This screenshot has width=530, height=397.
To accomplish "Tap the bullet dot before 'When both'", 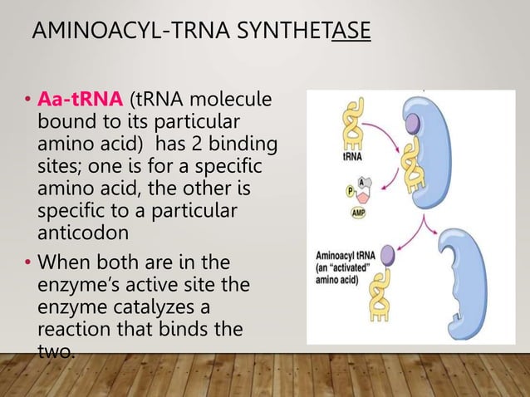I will (x=27, y=265).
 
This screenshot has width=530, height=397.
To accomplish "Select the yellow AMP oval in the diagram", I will (x=359, y=211).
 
